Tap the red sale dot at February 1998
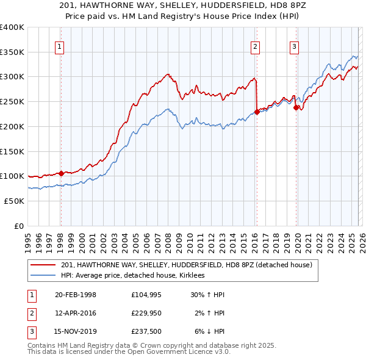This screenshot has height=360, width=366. pyautogui.click(x=61, y=173)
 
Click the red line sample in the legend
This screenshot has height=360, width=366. pyautogui.click(x=43, y=265)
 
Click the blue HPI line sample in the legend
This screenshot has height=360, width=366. pyautogui.click(x=43, y=276)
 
